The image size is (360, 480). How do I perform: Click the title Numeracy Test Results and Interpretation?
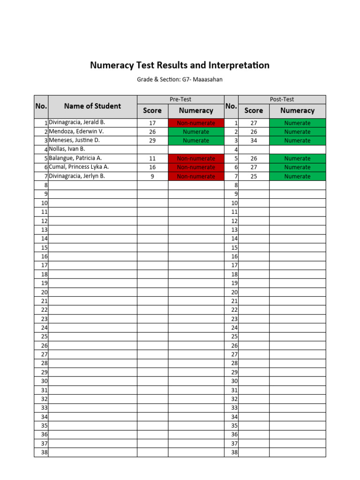coord(180,66)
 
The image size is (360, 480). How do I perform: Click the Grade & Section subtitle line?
coord(180,80)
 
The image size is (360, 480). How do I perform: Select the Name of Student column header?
coord(92,106)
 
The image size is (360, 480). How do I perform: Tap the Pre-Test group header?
coord(180,99)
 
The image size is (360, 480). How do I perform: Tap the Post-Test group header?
coord(282,99)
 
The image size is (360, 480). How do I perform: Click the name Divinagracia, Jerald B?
coord(77,123)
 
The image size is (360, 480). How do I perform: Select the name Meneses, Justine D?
coord(75,141)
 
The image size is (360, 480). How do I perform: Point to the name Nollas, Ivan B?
coord(67,150)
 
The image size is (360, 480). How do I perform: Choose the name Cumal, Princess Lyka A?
coord(79,167)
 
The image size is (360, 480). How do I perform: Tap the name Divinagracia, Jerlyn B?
coord(77,176)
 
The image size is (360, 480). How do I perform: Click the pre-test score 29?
coord(152,141)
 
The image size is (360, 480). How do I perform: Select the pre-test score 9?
coord(152,176)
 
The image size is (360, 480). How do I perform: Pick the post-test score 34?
coord(254,141)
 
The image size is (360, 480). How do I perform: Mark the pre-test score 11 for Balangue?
coord(152,158)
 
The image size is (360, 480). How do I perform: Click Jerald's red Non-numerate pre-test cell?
coord(196,123)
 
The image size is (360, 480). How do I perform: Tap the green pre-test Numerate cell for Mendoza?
coord(196,132)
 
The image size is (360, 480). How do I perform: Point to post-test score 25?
coord(254,176)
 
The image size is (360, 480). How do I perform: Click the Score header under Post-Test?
coord(254,111)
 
